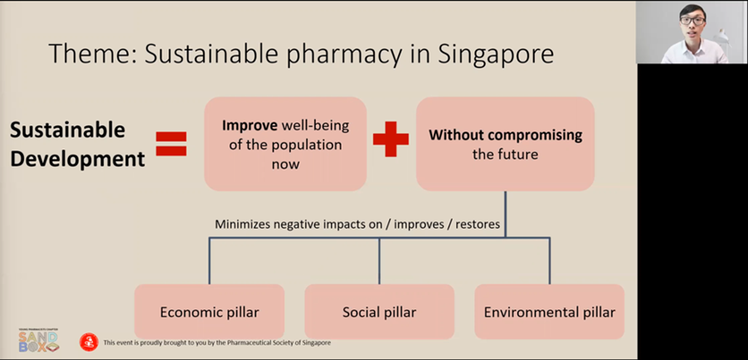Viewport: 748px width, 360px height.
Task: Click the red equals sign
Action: point(172,144)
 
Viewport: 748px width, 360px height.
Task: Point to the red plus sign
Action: point(391,139)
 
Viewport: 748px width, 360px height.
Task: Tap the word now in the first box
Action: point(285,165)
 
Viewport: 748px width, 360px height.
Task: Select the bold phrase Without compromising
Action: point(505,135)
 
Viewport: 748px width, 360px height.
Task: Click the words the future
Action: point(505,154)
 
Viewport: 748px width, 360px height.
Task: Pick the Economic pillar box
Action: point(210,312)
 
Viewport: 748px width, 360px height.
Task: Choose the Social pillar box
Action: point(379,312)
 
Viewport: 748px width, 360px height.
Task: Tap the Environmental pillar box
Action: point(550,312)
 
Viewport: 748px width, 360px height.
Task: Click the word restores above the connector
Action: point(478,224)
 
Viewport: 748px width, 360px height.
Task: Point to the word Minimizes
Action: point(242,224)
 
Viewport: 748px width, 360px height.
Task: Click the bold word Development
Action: point(77,159)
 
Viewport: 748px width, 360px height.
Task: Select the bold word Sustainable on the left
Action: point(67,130)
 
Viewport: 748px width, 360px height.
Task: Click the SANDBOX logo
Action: point(39,340)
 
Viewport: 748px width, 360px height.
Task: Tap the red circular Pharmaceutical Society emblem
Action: point(89,343)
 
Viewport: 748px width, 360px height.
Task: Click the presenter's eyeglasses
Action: point(692,21)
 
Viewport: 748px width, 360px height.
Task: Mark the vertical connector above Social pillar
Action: point(379,260)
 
